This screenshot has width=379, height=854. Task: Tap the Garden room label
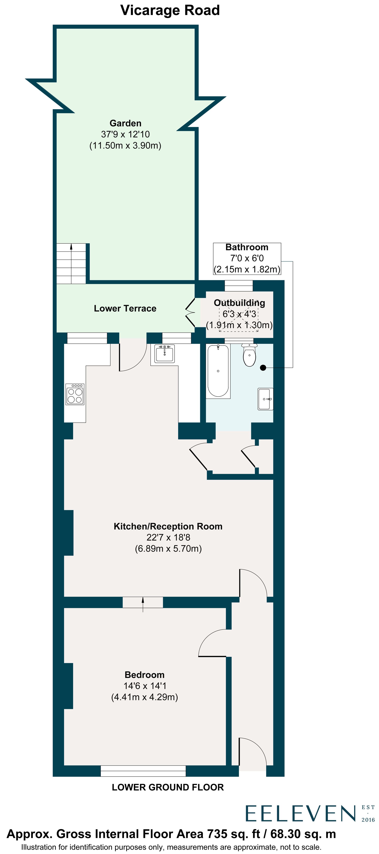[125, 123]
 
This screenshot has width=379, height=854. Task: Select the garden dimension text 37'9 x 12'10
[125, 134]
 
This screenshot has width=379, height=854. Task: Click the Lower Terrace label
[125, 308]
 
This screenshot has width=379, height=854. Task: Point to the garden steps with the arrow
[71, 264]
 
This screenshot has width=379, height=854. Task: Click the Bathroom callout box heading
[247, 247]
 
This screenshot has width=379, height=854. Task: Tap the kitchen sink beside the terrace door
[164, 353]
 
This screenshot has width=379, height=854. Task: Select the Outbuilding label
[239, 303]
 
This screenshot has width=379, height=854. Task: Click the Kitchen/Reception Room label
[168, 527]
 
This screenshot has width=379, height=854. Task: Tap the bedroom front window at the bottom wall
[143, 771]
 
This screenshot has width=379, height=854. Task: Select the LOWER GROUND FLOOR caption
[168, 787]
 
